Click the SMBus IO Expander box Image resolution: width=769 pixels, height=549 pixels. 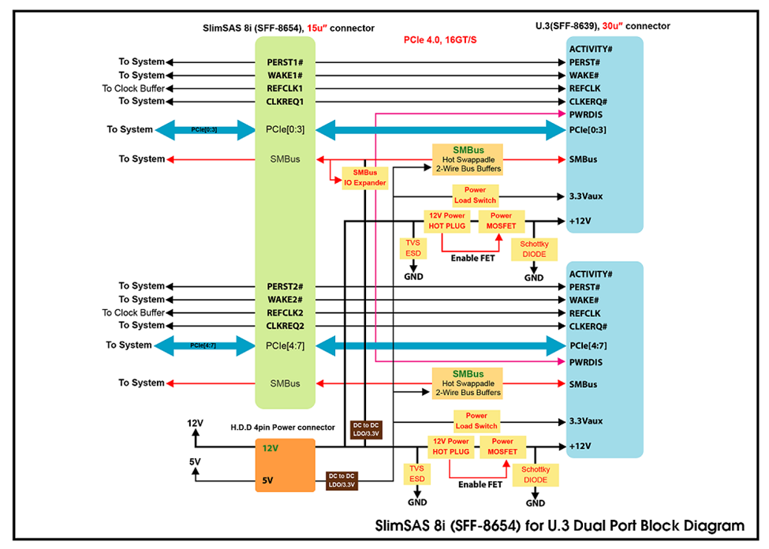coord(365,177)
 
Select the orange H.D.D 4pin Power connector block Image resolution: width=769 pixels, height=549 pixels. coord(285,465)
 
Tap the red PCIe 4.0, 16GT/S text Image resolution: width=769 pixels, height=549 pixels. coord(440,39)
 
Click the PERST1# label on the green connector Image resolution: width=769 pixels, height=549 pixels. coord(285,62)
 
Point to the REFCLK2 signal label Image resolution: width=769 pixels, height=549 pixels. coord(285,312)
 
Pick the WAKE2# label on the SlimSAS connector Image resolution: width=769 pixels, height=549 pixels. coord(285,299)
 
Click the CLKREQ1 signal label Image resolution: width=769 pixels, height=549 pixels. coord(285,102)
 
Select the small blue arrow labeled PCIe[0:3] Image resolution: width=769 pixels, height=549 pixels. coord(204,129)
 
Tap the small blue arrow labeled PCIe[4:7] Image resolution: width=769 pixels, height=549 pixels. coord(204,345)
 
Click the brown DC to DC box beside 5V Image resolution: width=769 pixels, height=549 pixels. coord(342,480)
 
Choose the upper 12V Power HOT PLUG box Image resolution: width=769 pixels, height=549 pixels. coord(446,221)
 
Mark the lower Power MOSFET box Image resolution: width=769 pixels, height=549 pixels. coord(502,446)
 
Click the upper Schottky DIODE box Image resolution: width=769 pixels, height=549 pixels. coord(534,249)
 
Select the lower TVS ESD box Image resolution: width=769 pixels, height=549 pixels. coord(417,474)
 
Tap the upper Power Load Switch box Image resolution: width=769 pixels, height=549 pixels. coord(476,195)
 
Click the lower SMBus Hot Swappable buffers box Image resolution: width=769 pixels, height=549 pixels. coord(468,383)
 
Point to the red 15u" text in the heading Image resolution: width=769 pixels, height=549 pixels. coord(317,28)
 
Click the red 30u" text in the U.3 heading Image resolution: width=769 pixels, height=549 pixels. coord(612,26)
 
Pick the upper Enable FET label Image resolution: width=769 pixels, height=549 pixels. coord(472,258)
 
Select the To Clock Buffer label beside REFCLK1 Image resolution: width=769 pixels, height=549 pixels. coord(133,88)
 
